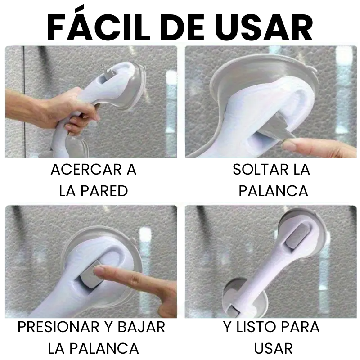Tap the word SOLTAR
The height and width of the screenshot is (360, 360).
pyautogui.click(x=261, y=170)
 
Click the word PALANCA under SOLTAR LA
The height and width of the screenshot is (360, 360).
pyautogui.click(x=273, y=191)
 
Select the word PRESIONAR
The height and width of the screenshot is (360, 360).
pyautogui.click(x=58, y=327)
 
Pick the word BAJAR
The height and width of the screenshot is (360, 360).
pyautogui.click(x=141, y=327)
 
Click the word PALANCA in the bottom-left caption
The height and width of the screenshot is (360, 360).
pyautogui.click(x=104, y=348)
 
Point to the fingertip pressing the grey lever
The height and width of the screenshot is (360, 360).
pyautogui.click(x=99, y=270)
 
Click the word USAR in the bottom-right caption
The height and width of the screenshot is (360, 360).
pyautogui.click(x=273, y=348)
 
